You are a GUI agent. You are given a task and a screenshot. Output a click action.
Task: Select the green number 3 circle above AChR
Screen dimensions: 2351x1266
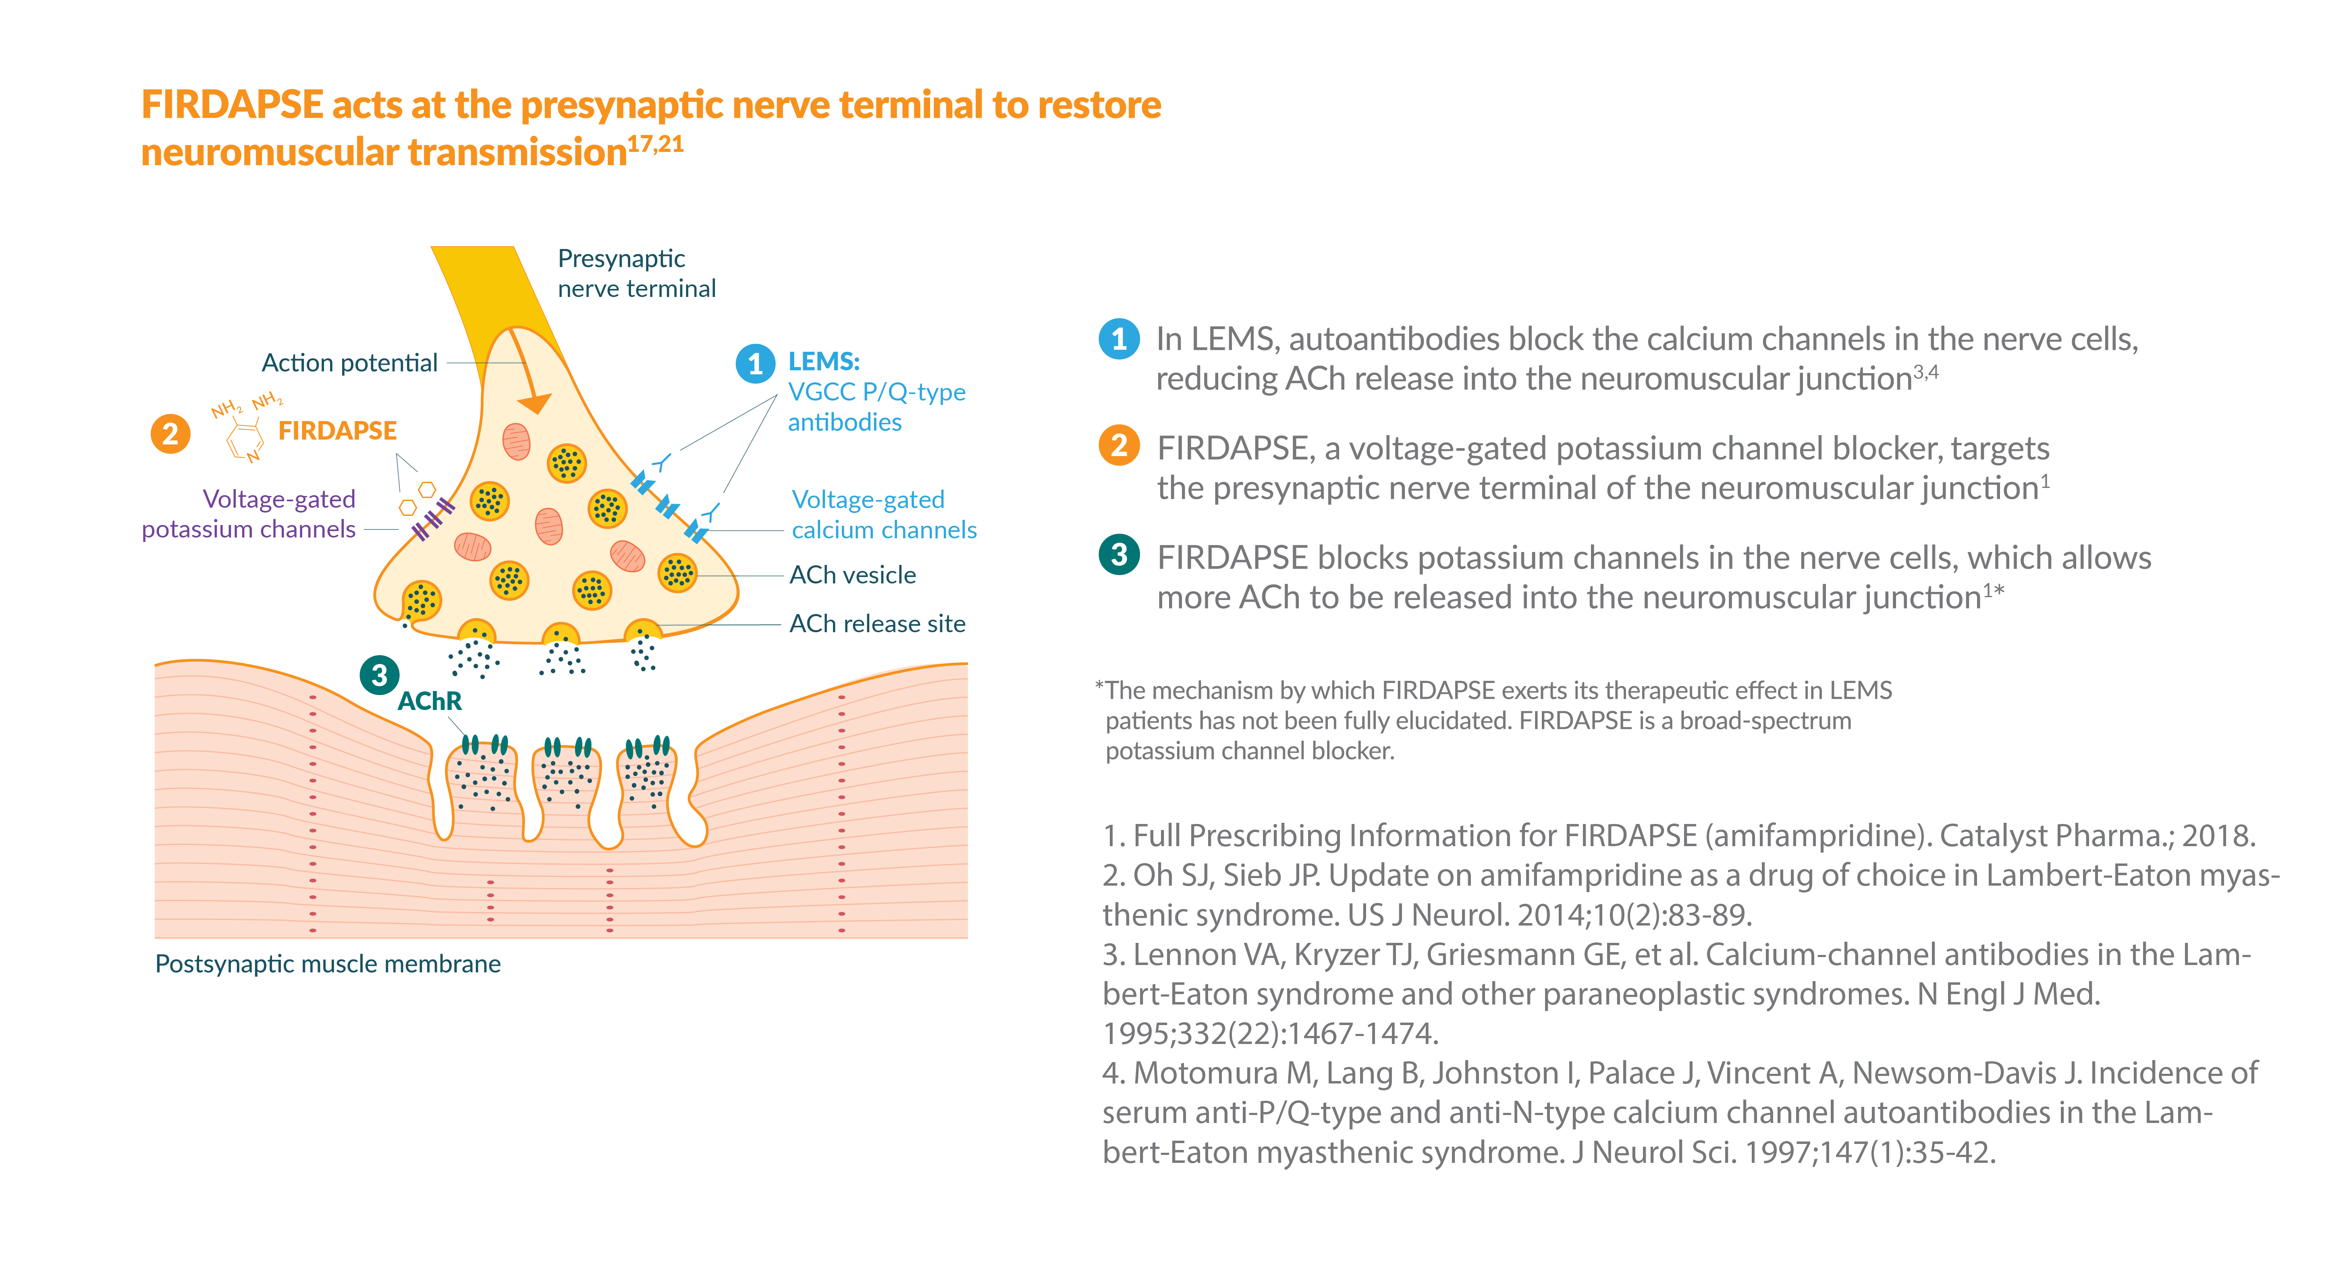click(380, 675)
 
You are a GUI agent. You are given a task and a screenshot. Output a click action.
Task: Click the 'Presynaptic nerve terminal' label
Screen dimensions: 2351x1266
click(636, 273)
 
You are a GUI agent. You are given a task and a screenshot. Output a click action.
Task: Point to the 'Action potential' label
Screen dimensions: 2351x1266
click(349, 363)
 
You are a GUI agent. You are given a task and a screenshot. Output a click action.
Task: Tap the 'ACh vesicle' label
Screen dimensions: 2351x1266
click(852, 575)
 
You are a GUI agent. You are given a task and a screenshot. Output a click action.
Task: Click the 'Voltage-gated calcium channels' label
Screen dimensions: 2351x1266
click(883, 515)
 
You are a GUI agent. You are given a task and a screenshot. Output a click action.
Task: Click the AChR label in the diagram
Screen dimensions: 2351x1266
click(430, 701)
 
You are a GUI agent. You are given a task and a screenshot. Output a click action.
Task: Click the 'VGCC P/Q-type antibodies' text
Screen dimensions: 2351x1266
click(876, 407)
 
